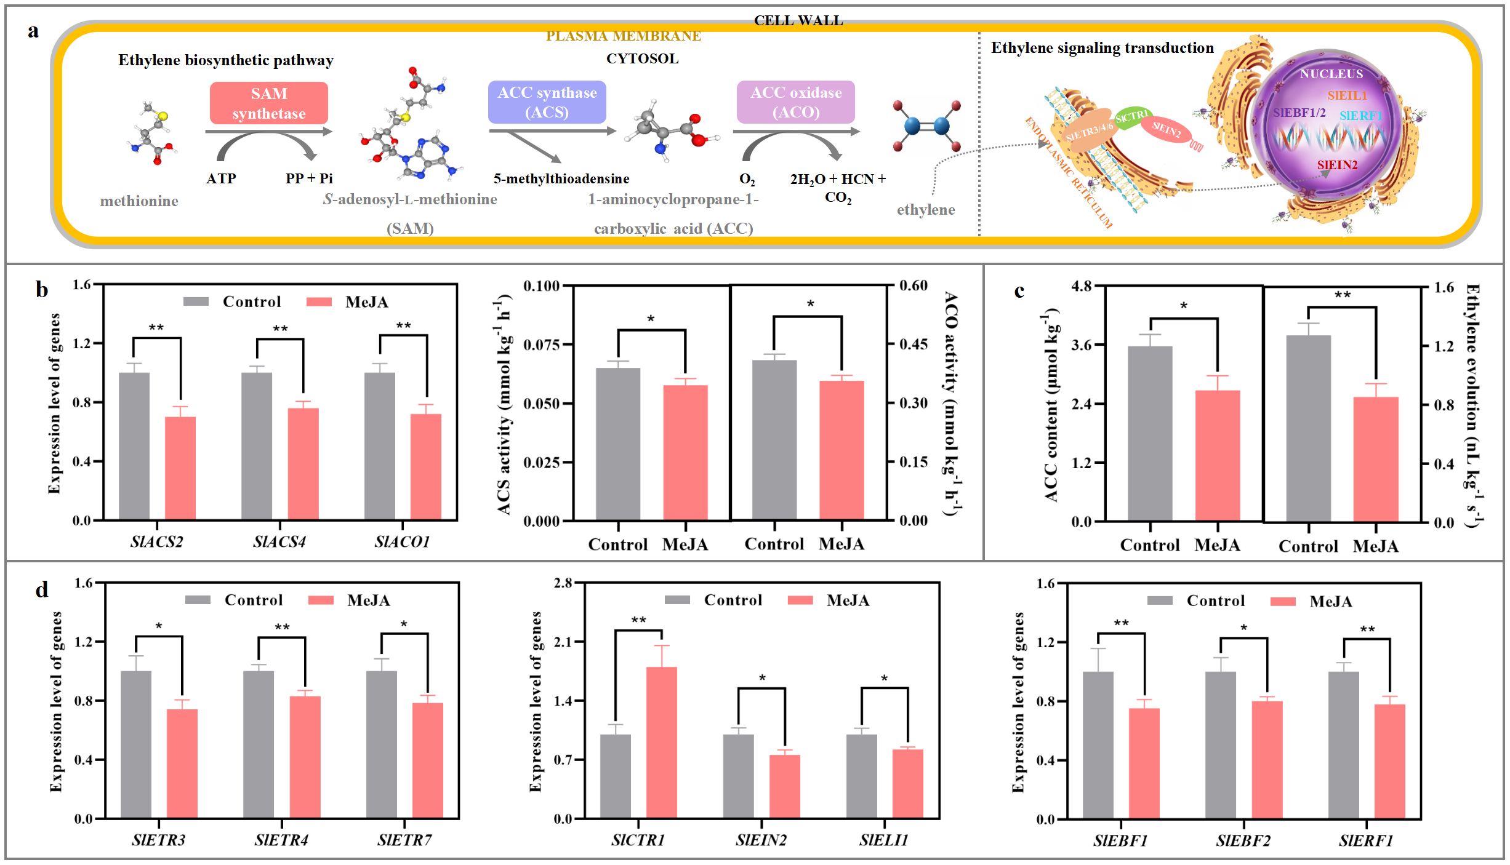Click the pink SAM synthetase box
point(268,103)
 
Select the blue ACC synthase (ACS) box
point(547,102)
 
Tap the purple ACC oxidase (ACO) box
point(795,102)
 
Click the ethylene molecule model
point(927,126)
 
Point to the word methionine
point(139,201)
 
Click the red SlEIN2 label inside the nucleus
point(1337,165)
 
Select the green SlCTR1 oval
point(1132,116)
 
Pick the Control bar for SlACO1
point(379,446)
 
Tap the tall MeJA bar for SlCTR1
point(661,742)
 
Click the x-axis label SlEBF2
point(1243,840)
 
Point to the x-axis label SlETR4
point(281,840)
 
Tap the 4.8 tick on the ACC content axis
point(1081,286)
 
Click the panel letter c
point(1019,290)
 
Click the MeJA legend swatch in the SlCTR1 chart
point(800,600)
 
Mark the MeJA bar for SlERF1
point(1389,761)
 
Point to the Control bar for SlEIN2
point(738,776)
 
